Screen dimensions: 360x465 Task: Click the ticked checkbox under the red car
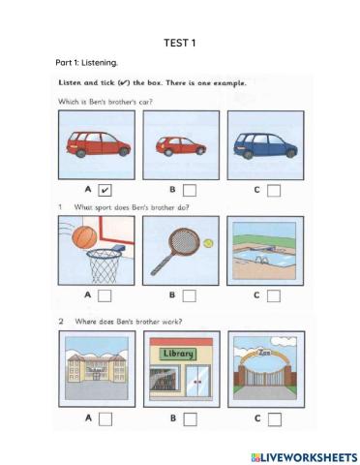pos(105,190)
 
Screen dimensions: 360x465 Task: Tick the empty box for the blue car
pos(274,191)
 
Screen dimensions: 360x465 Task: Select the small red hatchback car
pos(181,146)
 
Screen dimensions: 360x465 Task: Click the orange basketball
pos(84,236)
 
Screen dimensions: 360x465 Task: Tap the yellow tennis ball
pos(208,243)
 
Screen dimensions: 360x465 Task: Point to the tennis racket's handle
pos(162,264)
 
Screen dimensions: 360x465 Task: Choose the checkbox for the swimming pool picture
pos(274,295)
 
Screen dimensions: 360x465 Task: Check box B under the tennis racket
pos(190,295)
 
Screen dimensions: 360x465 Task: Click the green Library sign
pos(178,354)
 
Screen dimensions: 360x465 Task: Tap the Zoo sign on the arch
pos(265,353)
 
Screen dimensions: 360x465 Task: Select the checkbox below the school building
pos(105,419)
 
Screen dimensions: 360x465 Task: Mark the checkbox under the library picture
pos(190,419)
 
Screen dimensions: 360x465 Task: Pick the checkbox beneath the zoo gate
pos(275,419)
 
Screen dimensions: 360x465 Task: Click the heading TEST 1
pos(180,43)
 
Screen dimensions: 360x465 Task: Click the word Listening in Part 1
pos(100,63)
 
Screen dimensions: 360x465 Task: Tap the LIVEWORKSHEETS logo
pos(304,457)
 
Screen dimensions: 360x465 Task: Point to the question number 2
pos(61,322)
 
